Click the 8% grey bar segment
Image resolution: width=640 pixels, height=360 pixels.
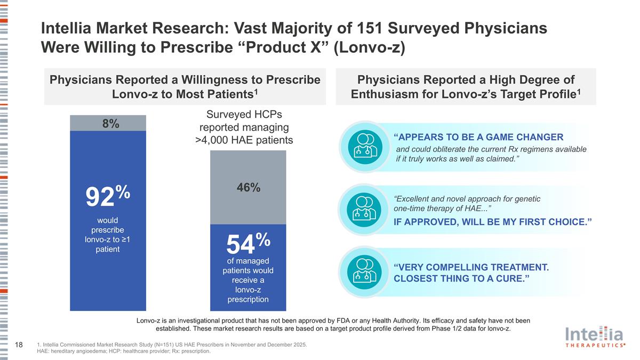[108, 123]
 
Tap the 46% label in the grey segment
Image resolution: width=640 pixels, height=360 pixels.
[248, 187]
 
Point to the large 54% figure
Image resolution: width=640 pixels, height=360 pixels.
[248, 243]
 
